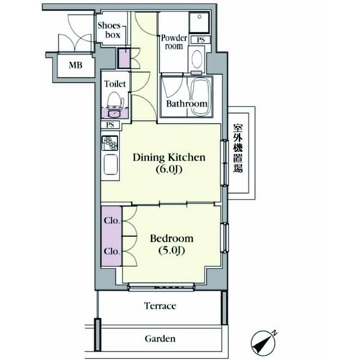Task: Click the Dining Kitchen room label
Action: [x=169, y=158]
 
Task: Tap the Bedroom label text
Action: [x=171, y=238]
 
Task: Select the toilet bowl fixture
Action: [x=115, y=100]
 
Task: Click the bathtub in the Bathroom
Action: [x=201, y=96]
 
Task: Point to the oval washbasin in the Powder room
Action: [x=197, y=59]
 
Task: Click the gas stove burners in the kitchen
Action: [x=110, y=143]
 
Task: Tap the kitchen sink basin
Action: [x=111, y=165]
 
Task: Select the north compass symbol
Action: [x=263, y=342]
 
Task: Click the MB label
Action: [x=76, y=65]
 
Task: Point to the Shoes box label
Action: [x=109, y=30]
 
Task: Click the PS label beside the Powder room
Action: [x=201, y=40]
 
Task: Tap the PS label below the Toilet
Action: [x=110, y=125]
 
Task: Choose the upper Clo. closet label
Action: [x=112, y=220]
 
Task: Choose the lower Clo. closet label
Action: [x=112, y=251]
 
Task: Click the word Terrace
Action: [x=160, y=306]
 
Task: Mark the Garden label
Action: [x=160, y=338]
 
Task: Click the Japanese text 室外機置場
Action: [x=238, y=148]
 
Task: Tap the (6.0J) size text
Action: [x=169, y=169]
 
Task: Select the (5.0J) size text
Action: [x=171, y=251]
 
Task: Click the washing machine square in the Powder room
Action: [x=199, y=22]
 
